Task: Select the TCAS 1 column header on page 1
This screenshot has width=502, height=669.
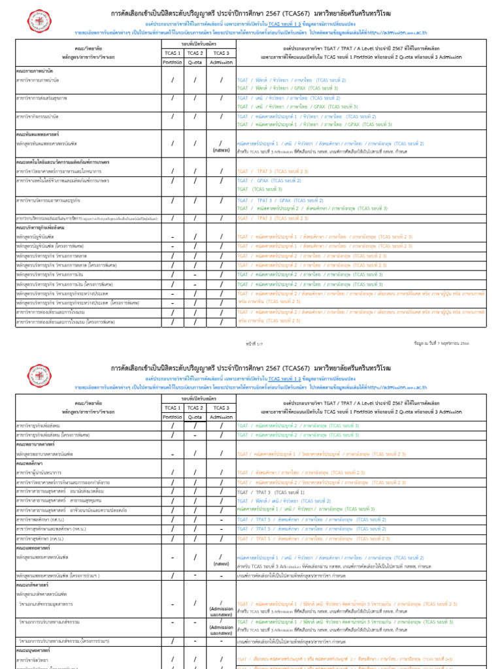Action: click(x=173, y=53)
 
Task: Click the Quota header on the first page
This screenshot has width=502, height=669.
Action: click(x=195, y=62)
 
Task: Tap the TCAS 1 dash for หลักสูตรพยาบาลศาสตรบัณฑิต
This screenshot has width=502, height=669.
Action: click(x=173, y=453)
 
